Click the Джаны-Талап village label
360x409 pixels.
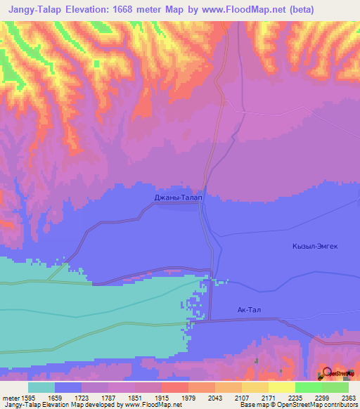click(179, 198)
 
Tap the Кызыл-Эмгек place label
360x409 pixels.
click(315, 246)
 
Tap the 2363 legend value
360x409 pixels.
click(349, 397)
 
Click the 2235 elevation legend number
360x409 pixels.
click(295, 397)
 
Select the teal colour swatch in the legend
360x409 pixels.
click(41, 387)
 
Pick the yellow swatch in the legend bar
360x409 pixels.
click(282, 387)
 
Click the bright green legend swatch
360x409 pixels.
click(309, 387)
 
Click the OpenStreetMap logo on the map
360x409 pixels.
click(338, 372)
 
